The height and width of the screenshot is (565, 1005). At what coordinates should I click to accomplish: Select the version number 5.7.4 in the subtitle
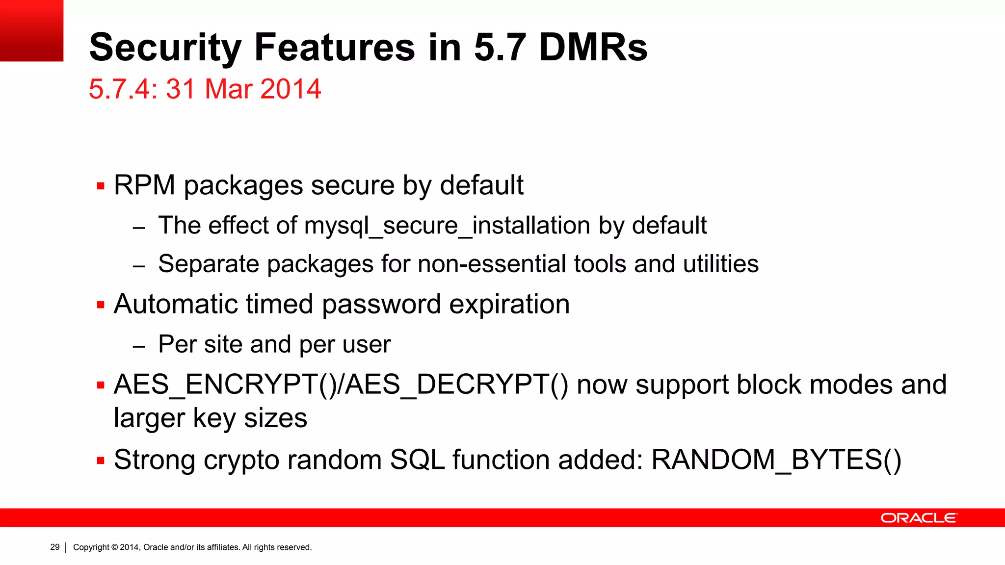tap(120, 89)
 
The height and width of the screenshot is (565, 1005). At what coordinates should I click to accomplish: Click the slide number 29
tap(55, 547)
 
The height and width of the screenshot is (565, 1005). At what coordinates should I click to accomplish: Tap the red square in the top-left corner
tap(31, 30)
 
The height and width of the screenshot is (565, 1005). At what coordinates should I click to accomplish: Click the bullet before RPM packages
tap(101, 186)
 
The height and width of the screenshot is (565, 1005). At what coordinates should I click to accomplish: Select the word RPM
tap(144, 185)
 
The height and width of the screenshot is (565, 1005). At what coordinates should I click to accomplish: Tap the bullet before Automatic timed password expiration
tap(101, 305)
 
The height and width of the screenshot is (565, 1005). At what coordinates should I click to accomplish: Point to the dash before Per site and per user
tap(139, 346)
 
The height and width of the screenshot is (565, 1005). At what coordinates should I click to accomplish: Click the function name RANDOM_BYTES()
tap(776, 460)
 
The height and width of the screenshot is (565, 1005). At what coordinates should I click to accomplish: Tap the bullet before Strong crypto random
tap(101, 461)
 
